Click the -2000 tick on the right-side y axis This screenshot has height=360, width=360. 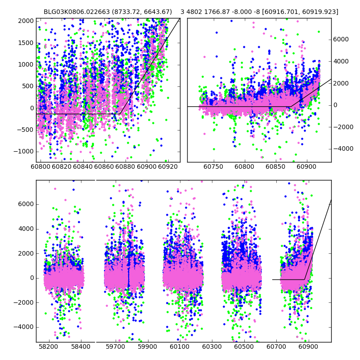pos(340,127)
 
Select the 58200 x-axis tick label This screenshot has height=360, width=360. pos(48,348)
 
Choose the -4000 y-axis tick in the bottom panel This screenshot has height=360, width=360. pos(24,327)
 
